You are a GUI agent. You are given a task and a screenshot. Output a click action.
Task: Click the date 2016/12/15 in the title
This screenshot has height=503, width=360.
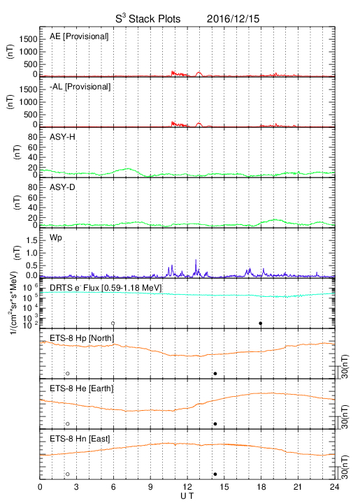click(x=233, y=19)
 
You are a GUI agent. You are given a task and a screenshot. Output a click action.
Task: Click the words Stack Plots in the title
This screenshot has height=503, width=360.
click(x=154, y=19)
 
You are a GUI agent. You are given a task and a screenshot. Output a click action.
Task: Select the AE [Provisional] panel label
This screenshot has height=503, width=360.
click(x=79, y=36)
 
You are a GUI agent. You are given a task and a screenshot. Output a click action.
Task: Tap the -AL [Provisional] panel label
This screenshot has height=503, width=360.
click(x=80, y=87)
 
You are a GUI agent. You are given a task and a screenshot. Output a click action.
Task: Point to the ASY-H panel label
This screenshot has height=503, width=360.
click(x=62, y=137)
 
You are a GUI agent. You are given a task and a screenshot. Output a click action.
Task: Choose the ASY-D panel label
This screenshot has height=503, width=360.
click(x=62, y=187)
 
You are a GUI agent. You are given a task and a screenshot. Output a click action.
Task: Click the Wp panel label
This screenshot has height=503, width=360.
click(x=56, y=238)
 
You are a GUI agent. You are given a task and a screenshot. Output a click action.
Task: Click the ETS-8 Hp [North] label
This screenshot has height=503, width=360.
click(x=82, y=338)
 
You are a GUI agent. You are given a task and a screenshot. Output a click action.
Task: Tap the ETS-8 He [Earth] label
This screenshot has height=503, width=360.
click(x=82, y=388)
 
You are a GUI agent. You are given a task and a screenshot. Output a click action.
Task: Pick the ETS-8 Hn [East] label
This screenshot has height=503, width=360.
click(x=80, y=439)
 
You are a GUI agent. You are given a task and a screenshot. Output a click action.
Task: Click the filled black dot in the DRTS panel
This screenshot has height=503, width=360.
click(x=261, y=323)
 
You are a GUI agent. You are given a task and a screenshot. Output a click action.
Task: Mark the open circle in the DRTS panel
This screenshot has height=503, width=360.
click(x=113, y=323)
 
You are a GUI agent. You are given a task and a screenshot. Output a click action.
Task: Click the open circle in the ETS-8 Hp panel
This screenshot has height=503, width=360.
click(x=68, y=373)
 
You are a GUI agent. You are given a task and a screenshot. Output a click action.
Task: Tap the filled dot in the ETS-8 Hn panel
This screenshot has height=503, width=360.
click(x=215, y=474)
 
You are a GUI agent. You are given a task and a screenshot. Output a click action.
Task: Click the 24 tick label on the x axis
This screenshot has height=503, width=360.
click(x=334, y=487)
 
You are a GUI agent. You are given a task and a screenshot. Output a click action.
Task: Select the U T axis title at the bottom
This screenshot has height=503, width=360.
click(x=187, y=496)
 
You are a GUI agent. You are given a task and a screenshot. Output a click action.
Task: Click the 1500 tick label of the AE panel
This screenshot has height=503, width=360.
click(x=29, y=39)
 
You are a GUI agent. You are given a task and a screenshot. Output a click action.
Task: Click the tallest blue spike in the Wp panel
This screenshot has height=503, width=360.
click(x=196, y=266)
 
